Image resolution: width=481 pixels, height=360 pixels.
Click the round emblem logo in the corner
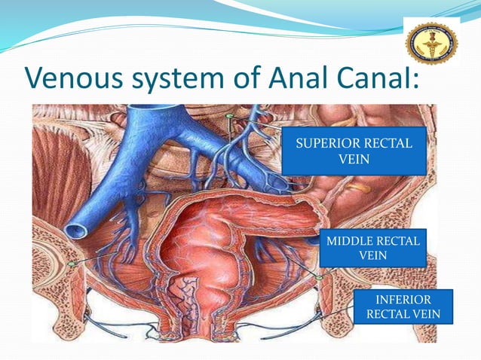pos(432,43)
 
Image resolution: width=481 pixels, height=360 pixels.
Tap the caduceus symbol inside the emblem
pos(432,42)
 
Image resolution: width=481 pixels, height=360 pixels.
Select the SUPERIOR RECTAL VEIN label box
pos(354,151)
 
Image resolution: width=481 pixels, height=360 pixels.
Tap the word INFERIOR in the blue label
pos(403,300)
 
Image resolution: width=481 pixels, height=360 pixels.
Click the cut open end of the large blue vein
pos(77,230)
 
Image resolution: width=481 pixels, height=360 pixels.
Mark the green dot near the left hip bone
pos(72,264)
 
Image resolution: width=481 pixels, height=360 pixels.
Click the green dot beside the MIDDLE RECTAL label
pos(319,278)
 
